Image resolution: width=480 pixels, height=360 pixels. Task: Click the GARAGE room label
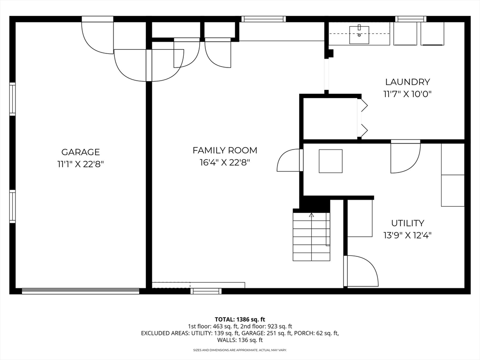pyautogui.click(x=81, y=152)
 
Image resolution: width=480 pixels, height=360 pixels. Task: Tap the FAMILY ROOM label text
pyautogui.click(x=225, y=150)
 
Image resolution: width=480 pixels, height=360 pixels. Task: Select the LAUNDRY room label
pyautogui.click(x=407, y=82)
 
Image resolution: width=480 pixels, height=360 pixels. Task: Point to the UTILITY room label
pyautogui.click(x=407, y=223)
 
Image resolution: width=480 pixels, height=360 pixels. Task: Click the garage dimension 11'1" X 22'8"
pyautogui.click(x=81, y=165)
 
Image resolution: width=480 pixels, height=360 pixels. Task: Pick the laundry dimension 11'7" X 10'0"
pyautogui.click(x=407, y=94)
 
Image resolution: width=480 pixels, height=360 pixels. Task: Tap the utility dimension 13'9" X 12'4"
pyautogui.click(x=407, y=235)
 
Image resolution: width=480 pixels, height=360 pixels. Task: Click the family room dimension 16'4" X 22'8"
pyautogui.click(x=225, y=162)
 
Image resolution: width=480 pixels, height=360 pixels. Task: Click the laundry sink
pyautogui.click(x=359, y=35)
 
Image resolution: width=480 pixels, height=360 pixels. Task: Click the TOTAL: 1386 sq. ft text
pyautogui.click(x=240, y=320)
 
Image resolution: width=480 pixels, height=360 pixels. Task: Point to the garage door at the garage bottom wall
pyautogui.click(x=81, y=291)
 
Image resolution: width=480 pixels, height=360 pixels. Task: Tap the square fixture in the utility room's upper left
pyautogui.click(x=330, y=161)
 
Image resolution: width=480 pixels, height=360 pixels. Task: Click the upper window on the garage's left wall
pyautogui.click(x=12, y=99)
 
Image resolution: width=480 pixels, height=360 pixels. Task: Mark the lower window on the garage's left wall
pyautogui.click(x=12, y=206)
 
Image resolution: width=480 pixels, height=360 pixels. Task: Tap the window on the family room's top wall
pyautogui.click(x=263, y=19)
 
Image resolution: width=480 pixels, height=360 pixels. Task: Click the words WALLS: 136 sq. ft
pyautogui.click(x=240, y=340)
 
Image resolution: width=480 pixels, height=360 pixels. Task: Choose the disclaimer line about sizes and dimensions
pyautogui.click(x=240, y=350)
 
